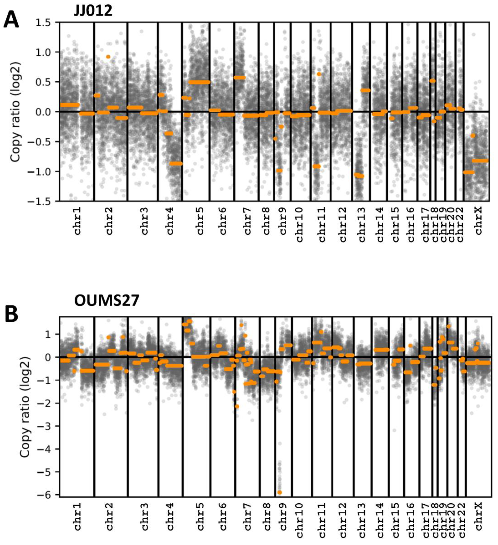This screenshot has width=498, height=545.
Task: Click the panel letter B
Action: click(11, 314)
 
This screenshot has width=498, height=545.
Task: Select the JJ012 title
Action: click(93, 11)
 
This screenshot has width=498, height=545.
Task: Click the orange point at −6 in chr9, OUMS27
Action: click(280, 493)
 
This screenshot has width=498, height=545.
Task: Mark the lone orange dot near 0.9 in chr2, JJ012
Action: click(108, 56)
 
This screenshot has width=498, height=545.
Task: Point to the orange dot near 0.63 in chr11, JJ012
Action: click(319, 74)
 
